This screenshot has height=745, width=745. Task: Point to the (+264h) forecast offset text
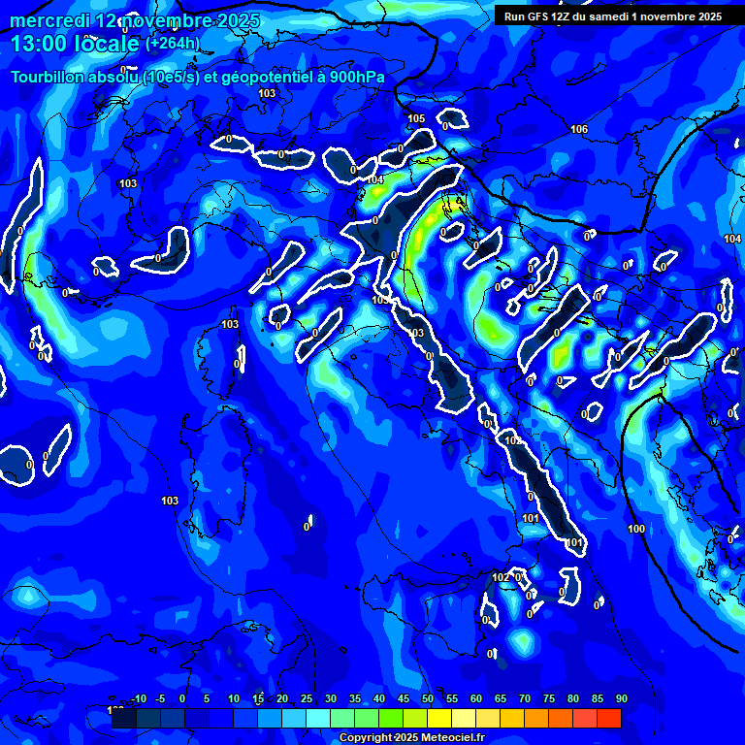click(x=173, y=43)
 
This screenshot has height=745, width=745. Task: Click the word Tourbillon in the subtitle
click(x=49, y=78)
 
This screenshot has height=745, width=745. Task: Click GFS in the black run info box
click(x=534, y=16)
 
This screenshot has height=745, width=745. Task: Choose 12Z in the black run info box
click(x=559, y=16)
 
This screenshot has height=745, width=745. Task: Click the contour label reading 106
click(x=579, y=129)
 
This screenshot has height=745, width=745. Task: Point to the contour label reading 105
click(x=416, y=118)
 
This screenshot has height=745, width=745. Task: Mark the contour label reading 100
click(x=636, y=529)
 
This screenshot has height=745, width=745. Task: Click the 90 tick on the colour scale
click(x=621, y=698)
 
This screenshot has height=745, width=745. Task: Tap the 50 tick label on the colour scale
click(x=427, y=698)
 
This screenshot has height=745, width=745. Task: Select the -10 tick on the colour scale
click(x=139, y=698)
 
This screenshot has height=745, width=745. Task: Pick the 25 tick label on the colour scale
click(x=306, y=698)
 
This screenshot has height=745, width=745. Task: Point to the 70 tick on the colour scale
click(x=524, y=698)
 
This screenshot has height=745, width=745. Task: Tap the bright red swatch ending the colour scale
click(x=608, y=718)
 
